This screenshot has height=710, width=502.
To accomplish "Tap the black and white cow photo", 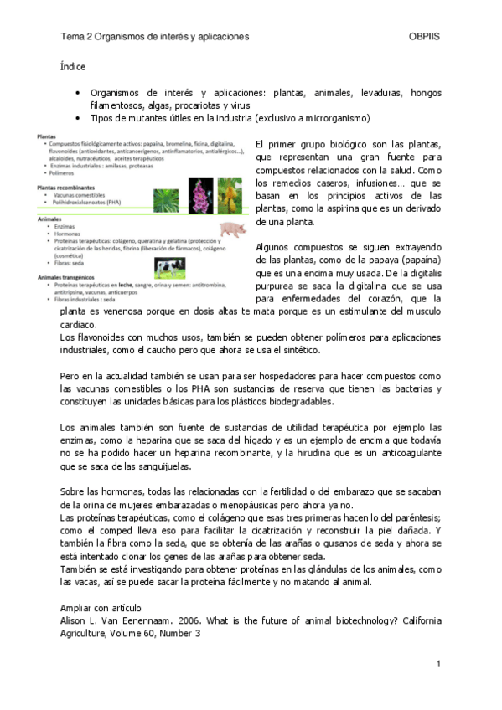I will [170, 267].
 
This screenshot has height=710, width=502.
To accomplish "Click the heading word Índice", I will [73, 65].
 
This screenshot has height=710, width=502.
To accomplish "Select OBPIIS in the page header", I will [424, 38].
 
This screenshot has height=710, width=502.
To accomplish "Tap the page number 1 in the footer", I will [437, 664].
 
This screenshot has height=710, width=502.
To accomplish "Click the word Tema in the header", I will [72, 38].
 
